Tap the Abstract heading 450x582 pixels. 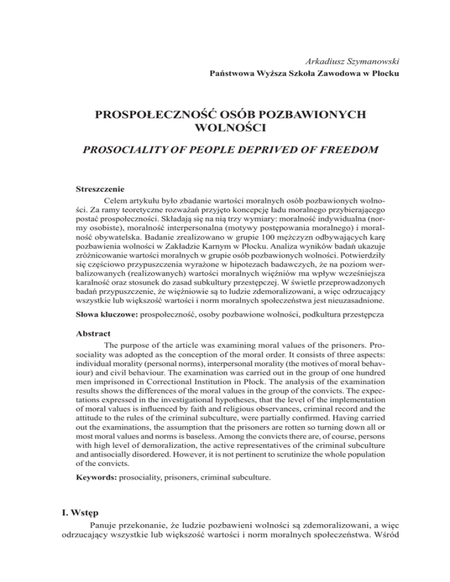tap(96, 340)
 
